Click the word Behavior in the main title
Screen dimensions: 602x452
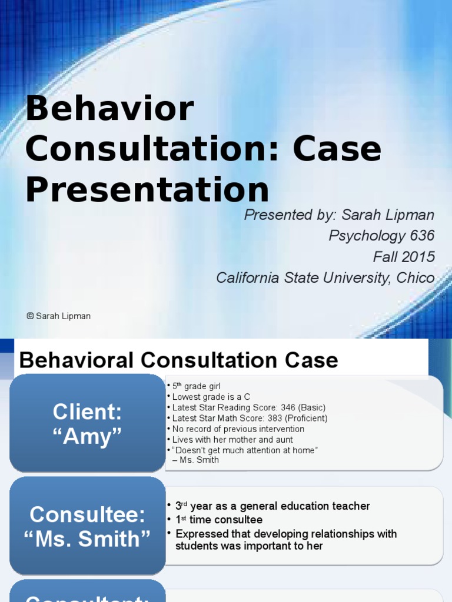coord(109,109)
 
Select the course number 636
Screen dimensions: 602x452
coord(423,236)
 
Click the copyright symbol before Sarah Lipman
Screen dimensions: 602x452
coord(30,316)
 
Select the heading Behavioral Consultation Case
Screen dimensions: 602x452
coord(178,360)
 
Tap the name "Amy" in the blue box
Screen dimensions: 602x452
coord(87,437)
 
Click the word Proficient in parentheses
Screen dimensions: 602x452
coord(305,418)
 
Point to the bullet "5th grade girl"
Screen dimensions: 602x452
coord(196,386)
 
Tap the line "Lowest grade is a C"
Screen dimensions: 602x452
coord(211,397)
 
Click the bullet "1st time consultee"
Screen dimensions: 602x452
coord(219,520)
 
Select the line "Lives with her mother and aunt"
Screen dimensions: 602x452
coord(232,439)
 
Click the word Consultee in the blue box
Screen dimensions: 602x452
coord(87,514)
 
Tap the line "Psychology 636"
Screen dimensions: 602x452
coord(381,236)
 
